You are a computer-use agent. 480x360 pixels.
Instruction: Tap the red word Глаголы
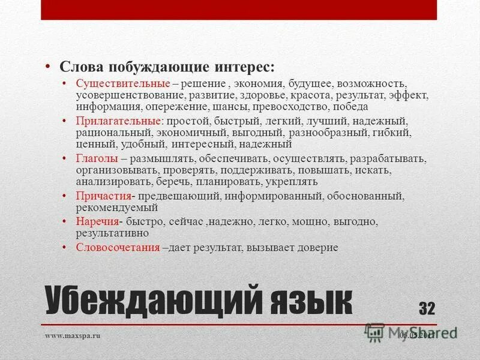(97, 159)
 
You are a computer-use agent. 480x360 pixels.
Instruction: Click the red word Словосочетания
(118, 247)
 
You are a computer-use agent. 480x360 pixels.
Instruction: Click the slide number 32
(427, 308)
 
